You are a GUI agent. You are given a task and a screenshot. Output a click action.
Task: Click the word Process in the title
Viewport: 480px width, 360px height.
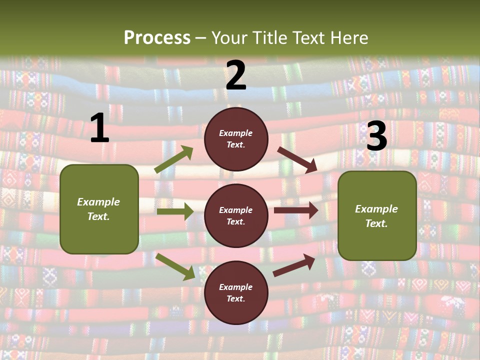coord(157,37)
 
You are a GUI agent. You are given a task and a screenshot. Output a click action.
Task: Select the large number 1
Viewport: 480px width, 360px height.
coord(99,128)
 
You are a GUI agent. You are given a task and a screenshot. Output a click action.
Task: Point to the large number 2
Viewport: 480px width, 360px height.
coord(236,75)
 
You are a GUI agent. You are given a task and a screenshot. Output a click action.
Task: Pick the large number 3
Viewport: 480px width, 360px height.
coord(376,136)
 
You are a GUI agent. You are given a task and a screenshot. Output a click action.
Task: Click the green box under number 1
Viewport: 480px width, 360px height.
coord(99,209)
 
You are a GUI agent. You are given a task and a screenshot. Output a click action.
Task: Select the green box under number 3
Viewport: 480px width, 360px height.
coord(377,215)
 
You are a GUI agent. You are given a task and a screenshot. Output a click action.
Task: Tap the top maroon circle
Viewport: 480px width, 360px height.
coord(236,139)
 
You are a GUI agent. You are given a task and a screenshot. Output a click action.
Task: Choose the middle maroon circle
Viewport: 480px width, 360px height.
coord(236,215)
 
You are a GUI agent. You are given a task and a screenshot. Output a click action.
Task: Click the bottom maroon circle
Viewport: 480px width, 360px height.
coord(236,292)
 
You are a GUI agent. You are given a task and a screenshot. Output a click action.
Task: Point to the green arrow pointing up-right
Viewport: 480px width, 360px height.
coord(174,159)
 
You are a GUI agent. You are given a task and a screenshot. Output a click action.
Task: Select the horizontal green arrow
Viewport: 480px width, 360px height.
coord(175,211)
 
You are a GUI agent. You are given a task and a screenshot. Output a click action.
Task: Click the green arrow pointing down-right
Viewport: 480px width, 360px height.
coord(175,266)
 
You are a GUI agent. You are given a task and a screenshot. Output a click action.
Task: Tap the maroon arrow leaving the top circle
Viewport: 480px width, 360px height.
coord(297,159)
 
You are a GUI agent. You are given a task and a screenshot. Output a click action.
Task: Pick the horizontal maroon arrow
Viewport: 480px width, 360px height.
coord(296,210)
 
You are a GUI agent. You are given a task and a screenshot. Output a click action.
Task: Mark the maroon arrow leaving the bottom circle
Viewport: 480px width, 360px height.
coord(294,265)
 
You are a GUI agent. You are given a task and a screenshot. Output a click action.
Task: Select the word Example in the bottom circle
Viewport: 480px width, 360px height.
coord(236,287)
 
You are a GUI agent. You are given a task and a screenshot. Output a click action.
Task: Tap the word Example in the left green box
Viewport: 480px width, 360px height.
coord(98,202)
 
